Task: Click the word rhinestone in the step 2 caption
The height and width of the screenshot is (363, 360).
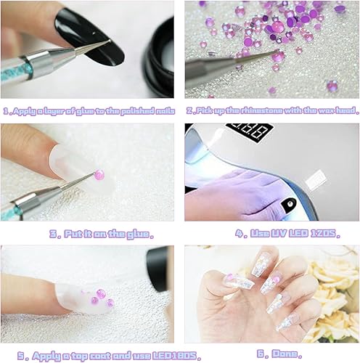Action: (x=260, y=111)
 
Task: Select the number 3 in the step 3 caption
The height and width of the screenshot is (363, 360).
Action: (x=54, y=234)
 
